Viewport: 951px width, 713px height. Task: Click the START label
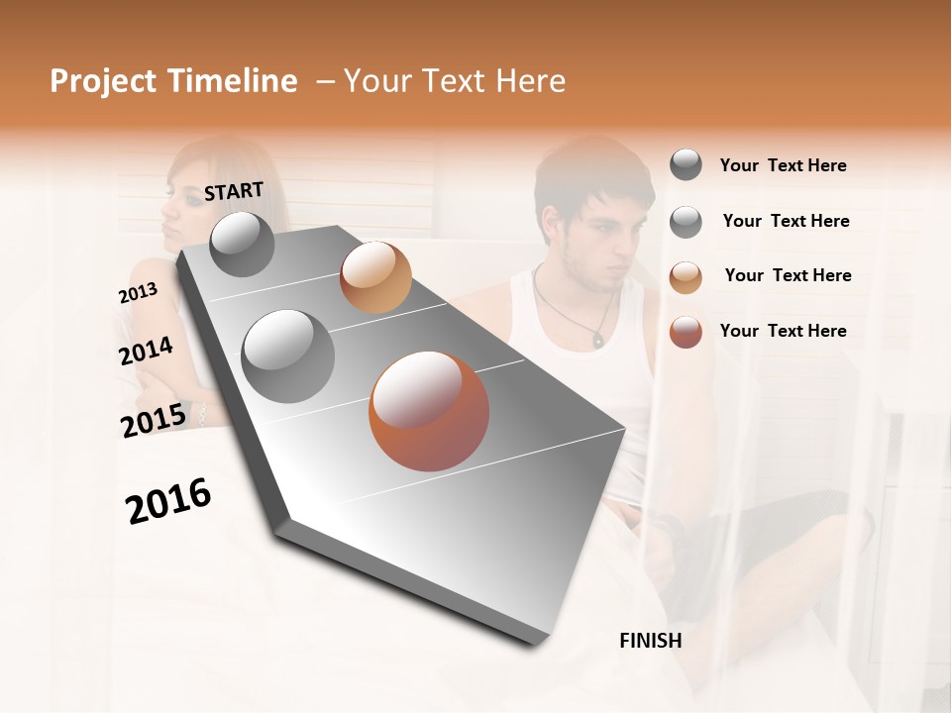234,191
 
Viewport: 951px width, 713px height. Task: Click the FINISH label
650,641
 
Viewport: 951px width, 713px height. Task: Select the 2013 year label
138,292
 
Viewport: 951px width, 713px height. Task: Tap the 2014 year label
146,351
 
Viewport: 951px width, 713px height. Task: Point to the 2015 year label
154,420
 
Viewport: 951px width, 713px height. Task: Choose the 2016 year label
168,501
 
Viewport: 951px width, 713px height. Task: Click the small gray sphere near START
242,245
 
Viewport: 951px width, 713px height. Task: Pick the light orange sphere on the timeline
375,277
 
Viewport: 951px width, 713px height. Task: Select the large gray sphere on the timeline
287,356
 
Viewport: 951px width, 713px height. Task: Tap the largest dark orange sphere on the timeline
428,411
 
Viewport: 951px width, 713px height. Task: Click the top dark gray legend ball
686,165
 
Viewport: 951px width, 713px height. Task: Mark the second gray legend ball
686,222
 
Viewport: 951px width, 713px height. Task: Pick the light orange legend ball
686,276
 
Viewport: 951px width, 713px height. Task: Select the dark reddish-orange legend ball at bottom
686,332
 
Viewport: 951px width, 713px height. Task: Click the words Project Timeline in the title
173,81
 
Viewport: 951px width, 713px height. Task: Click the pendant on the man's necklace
597,339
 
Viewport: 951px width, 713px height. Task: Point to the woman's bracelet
201,415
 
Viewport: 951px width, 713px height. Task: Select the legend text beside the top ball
783,165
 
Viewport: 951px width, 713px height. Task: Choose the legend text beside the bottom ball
783,331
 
